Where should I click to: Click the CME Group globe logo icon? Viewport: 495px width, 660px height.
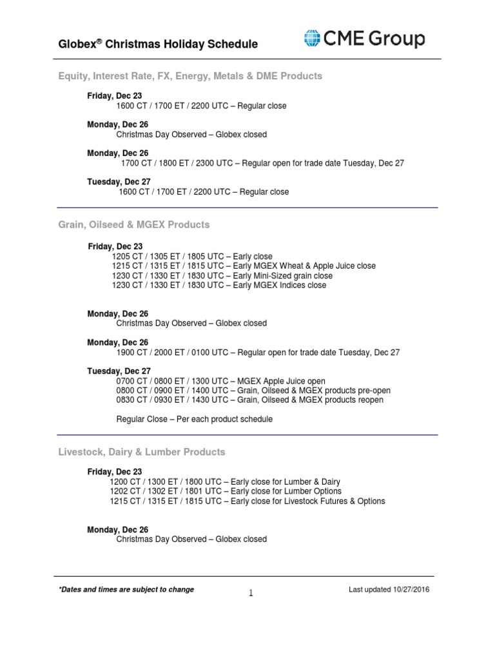313,39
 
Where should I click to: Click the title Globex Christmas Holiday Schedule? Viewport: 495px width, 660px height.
158,44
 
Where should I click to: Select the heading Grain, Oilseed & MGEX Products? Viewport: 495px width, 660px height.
134,225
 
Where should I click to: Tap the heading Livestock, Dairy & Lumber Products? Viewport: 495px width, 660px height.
142,452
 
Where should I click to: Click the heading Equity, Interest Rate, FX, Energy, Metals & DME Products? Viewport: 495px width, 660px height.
190,76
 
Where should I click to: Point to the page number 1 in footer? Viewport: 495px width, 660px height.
251,594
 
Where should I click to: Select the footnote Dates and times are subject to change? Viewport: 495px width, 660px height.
126,589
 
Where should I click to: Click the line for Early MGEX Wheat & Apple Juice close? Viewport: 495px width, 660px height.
243,266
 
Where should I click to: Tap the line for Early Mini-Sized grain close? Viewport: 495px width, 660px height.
222,275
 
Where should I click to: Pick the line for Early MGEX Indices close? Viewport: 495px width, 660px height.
218,285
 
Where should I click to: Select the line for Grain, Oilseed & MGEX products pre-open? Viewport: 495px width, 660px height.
253,391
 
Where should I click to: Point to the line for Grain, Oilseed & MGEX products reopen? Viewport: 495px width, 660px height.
249,400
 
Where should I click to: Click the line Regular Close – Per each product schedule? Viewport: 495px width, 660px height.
194,419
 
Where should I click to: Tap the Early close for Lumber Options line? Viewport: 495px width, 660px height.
226,491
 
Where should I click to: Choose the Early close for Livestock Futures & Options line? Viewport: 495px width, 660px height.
247,501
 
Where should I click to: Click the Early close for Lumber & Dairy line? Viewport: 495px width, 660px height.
225,481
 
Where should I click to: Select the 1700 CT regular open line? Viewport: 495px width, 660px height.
262,163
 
